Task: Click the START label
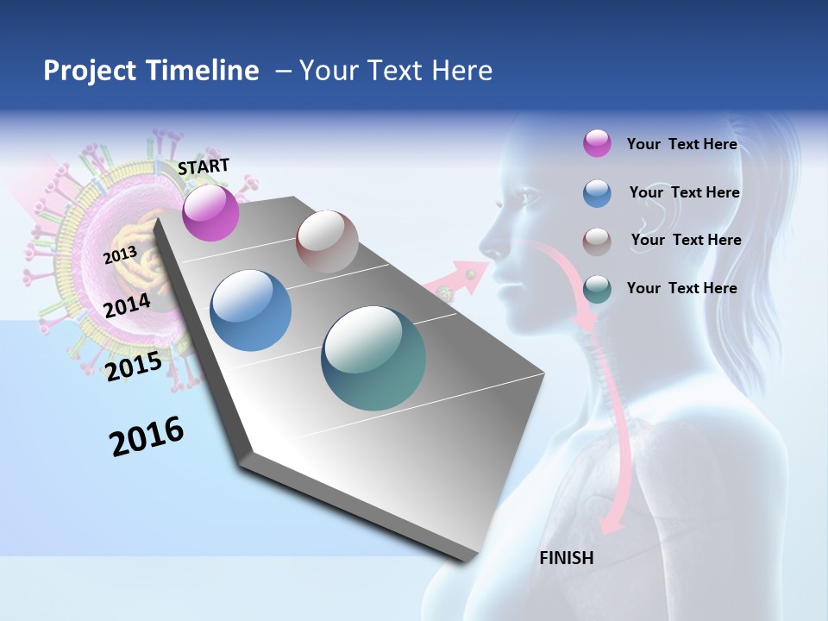point(204,166)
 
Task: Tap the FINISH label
point(567,557)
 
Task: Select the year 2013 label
point(120,255)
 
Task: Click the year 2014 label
point(127,305)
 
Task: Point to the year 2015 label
point(133,367)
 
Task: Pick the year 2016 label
point(147,436)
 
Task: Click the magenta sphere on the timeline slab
point(210,212)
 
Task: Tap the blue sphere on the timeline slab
point(251,310)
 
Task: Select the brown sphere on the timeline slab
point(327,241)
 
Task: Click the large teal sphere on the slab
point(373,358)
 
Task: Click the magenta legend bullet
point(597,143)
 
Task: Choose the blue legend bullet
point(597,193)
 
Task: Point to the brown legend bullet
point(597,241)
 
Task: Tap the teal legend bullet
point(597,289)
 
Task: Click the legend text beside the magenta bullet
point(681,144)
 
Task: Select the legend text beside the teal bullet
point(681,288)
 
